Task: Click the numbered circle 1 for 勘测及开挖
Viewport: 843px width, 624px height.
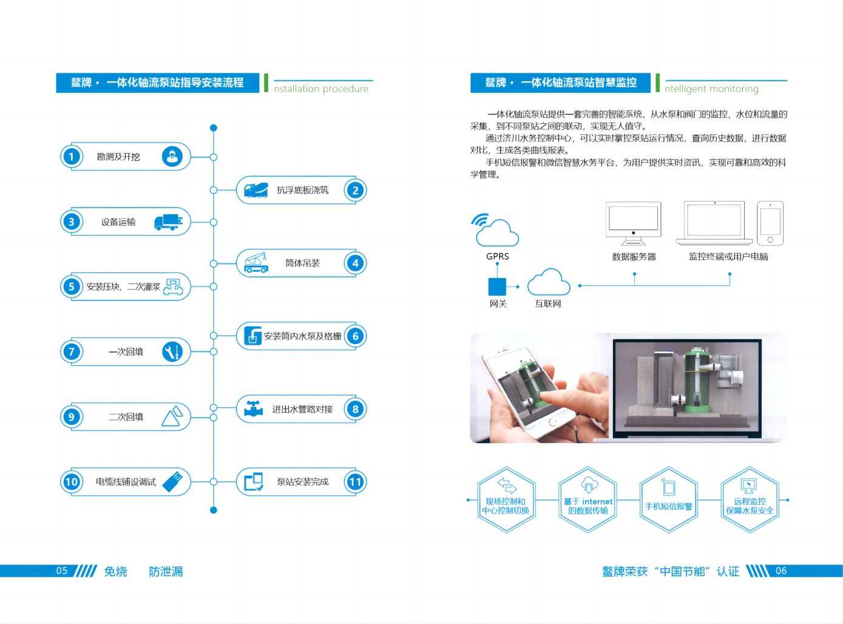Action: point(72,157)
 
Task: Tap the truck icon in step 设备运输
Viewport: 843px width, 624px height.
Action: point(168,222)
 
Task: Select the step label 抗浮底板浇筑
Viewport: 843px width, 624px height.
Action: point(302,190)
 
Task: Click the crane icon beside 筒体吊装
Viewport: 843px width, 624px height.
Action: point(256,263)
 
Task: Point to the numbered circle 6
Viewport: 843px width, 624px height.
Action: point(355,336)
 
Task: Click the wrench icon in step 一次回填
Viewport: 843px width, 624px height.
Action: point(172,352)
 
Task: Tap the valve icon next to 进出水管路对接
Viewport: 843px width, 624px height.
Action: point(253,409)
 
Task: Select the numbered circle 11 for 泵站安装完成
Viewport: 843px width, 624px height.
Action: point(355,482)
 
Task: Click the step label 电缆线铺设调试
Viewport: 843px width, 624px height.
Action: point(126,482)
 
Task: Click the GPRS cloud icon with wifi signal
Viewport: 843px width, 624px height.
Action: point(496,231)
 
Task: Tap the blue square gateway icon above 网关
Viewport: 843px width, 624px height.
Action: point(497,287)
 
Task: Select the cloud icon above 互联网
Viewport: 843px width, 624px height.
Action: point(548,283)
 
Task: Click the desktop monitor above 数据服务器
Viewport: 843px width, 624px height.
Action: point(633,222)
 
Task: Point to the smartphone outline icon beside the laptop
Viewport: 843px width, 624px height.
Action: point(770,223)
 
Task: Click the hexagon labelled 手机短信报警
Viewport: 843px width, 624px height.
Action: point(668,500)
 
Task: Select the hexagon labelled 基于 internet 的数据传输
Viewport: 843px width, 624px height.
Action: point(587,500)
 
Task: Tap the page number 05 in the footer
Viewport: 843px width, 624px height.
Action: point(62,571)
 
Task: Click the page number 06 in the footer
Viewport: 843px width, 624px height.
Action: point(781,571)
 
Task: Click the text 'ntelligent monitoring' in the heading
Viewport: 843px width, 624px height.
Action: point(711,89)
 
